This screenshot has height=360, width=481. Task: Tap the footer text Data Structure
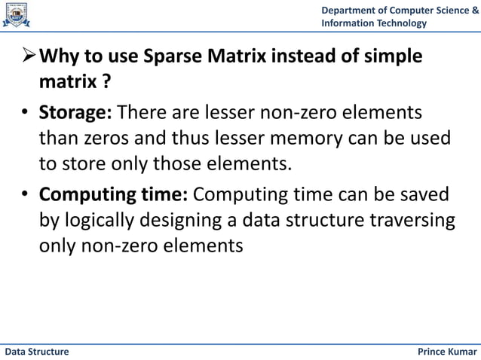[x=37, y=352]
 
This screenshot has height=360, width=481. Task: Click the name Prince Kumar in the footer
[x=447, y=352]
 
